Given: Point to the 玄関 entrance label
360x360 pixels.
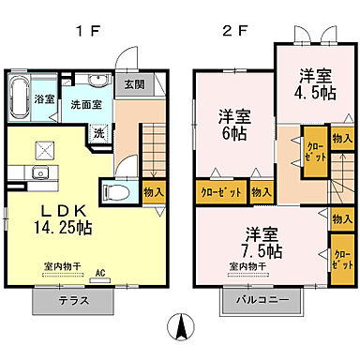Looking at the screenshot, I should (135, 83).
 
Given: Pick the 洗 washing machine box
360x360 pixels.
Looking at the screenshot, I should (97, 133).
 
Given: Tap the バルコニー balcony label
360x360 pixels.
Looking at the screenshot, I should (262, 302).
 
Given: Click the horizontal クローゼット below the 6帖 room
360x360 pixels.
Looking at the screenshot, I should (221, 191).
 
